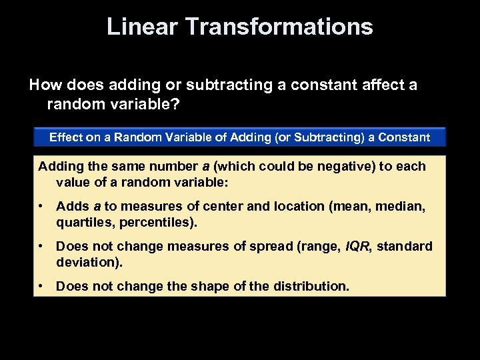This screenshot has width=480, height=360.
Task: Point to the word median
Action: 406,207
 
